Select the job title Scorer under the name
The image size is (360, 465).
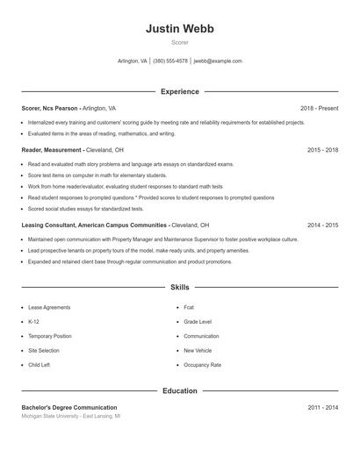[179, 42]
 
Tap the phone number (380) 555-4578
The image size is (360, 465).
[170, 61]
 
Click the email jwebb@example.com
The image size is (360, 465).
[218, 61]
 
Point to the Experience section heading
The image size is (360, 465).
[179, 91]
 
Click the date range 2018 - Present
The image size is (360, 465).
[319, 108]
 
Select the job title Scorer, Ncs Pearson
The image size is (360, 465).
[51, 108]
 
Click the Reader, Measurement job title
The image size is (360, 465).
[54, 150]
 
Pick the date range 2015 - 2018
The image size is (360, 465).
[322, 150]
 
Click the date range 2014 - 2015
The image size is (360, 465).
[322, 225]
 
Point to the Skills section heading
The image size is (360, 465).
[179, 287]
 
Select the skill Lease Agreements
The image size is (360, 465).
[49, 308]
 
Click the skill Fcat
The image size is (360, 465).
[189, 308]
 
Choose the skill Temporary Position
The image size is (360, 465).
[50, 336]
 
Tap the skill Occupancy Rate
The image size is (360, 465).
[202, 364]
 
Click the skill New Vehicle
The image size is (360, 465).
[198, 350]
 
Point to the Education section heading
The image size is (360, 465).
[179, 390]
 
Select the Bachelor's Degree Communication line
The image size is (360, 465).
[69, 408]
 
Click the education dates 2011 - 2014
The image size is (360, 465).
[322, 408]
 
